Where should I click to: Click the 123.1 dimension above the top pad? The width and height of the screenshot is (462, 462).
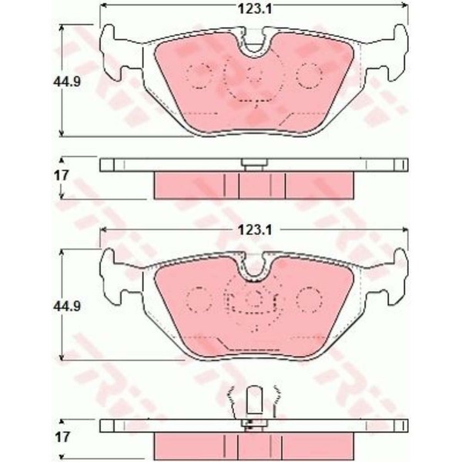(x=255, y=9)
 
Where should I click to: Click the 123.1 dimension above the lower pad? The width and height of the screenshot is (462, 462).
(x=255, y=230)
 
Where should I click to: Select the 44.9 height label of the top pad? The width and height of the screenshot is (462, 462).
(x=67, y=82)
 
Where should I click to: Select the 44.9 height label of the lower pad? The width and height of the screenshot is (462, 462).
(x=67, y=306)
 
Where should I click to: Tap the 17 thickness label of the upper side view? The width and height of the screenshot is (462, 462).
(x=62, y=176)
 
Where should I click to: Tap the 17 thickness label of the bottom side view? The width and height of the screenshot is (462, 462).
(x=62, y=437)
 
